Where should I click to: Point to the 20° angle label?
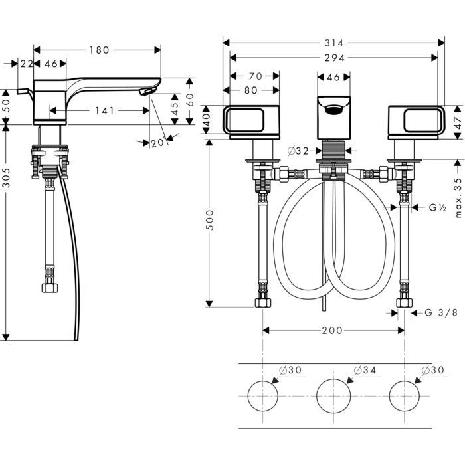point(157,143)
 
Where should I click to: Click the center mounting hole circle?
point(333,397)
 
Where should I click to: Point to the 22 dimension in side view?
point(27,64)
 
